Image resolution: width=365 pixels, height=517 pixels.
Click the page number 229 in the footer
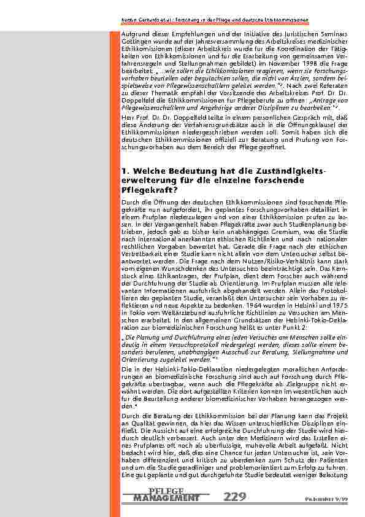[236, 497]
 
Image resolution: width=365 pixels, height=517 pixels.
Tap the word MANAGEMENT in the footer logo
[166, 497]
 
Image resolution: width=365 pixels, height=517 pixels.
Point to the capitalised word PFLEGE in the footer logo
[166, 491]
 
